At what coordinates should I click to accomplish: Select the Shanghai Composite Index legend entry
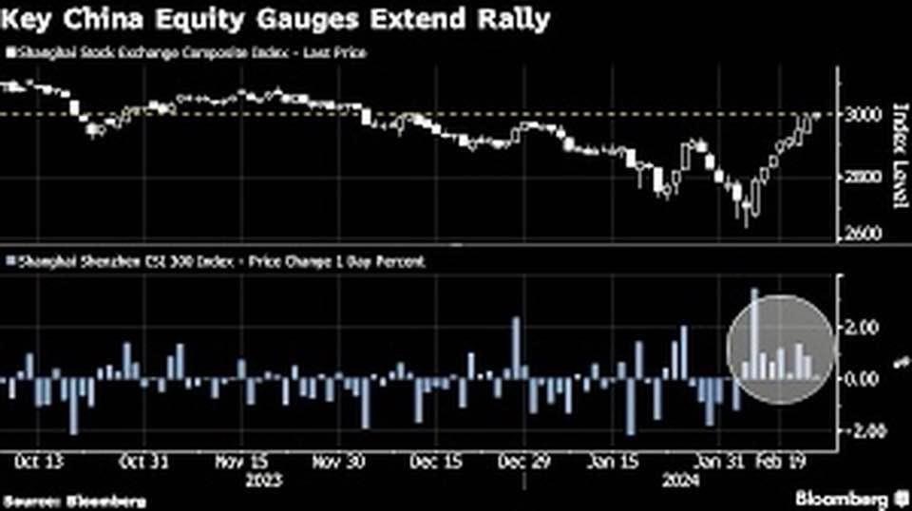pos(186,52)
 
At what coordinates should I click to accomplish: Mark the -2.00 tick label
pos(861,430)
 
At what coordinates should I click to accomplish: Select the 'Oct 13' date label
pos(40,462)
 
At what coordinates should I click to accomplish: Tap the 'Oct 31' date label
pos(144,462)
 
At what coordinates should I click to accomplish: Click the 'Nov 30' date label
pos(337,462)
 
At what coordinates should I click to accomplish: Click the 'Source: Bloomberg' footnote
pos(47,500)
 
